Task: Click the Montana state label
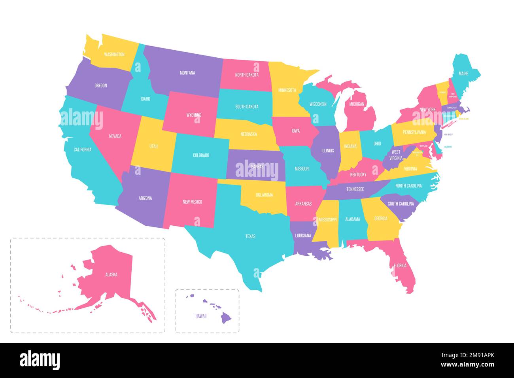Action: click(x=187, y=73)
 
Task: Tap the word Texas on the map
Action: click(x=250, y=236)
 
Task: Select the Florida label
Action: click(x=400, y=266)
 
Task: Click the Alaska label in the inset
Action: click(x=111, y=274)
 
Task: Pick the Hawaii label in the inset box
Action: click(x=201, y=316)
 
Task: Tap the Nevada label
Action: click(x=115, y=136)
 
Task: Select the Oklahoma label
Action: click(x=264, y=195)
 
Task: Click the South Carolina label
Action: click(x=401, y=204)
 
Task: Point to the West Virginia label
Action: click(x=396, y=155)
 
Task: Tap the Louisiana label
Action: click(x=303, y=236)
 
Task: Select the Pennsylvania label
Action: click(x=414, y=132)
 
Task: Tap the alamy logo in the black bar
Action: click(x=40, y=360)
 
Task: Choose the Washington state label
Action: click(x=114, y=55)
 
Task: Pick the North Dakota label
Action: click(x=247, y=75)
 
